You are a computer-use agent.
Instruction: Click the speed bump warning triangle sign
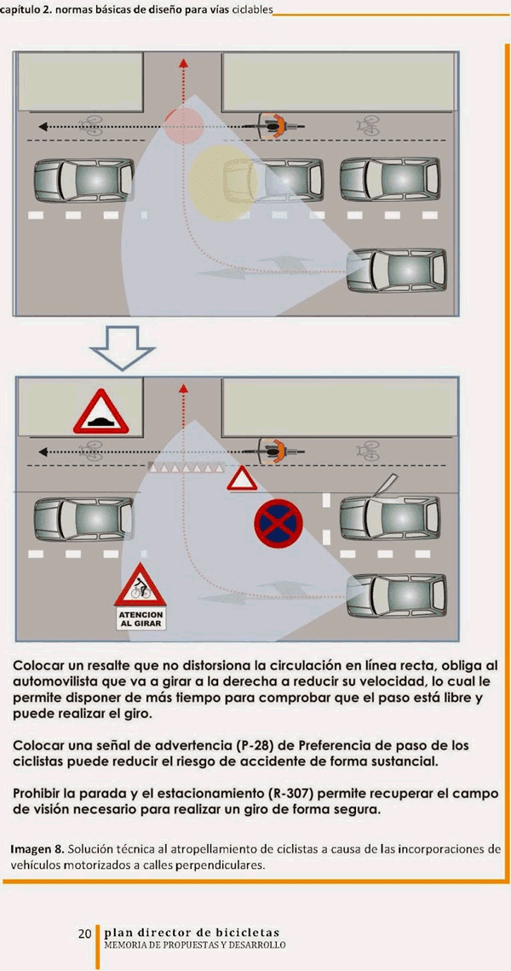(101, 411)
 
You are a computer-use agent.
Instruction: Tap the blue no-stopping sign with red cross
(278, 523)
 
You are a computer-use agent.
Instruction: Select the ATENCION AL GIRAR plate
(140, 618)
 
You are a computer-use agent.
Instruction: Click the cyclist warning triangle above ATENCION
(140, 585)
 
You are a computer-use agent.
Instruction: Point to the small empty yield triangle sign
(242, 480)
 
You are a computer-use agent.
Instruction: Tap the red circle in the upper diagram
(184, 126)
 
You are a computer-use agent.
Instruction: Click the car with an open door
(390, 514)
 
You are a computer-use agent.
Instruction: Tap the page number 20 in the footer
(85, 933)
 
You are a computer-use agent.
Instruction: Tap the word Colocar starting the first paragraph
(39, 666)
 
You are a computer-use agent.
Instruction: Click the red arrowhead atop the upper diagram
(183, 62)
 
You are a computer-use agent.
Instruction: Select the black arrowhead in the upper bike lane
(43, 126)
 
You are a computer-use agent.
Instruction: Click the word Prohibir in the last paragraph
(40, 793)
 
